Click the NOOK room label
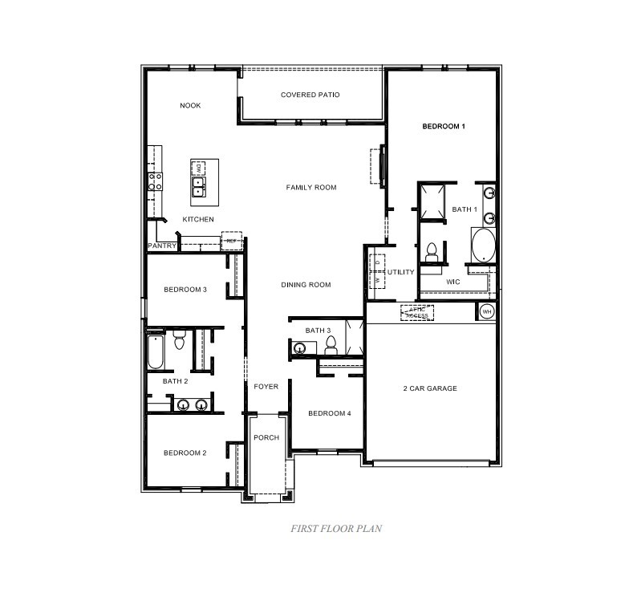point(190,106)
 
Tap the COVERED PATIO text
point(310,95)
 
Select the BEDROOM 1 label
point(444,127)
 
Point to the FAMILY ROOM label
point(311,188)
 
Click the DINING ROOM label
point(306,285)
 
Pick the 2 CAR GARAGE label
point(429,388)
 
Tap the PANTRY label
point(161,246)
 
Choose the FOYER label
point(266,387)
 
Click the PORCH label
point(266,437)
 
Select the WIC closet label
point(452,282)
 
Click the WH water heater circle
point(486,311)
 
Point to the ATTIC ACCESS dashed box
point(416,313)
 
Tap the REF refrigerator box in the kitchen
point(231,241)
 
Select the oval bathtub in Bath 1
point(483,246)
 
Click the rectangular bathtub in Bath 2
point(156,351)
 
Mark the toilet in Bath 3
point(330,345)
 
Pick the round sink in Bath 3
point(299,347)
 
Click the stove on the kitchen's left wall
point(154,182)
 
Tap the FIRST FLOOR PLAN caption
point(335,529)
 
